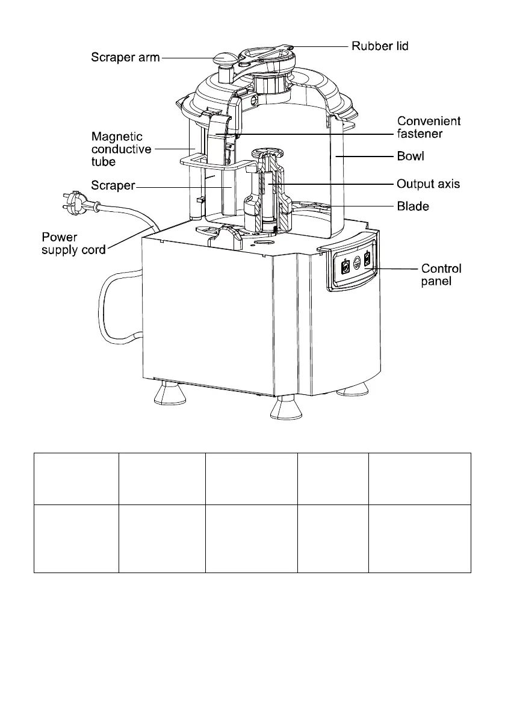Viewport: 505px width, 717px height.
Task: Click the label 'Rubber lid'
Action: [380, 46]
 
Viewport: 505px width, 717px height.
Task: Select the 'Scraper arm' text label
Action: [126, 58]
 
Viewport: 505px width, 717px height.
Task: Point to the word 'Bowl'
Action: [411, 157]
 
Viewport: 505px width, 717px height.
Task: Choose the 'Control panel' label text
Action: [441, 275]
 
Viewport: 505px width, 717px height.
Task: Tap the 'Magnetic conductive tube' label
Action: [121, 149]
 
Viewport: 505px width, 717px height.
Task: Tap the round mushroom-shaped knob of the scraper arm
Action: [225, 60]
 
